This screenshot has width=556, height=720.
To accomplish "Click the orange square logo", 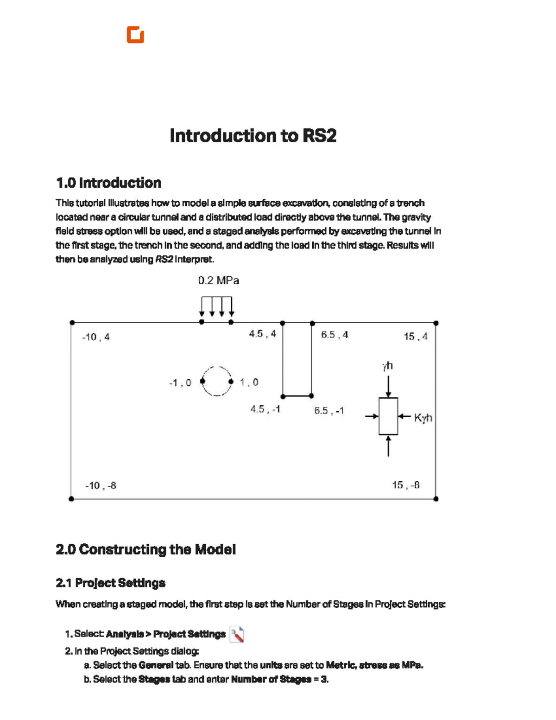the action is [x=135, y=34].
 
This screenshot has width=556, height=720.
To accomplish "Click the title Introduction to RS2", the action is [x=253, y=135].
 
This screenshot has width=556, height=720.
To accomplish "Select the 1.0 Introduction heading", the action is [x=108, y=183].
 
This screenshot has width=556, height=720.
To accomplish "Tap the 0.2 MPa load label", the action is [x=219, y=280].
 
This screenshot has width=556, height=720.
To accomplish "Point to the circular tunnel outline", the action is [x=217, y=367].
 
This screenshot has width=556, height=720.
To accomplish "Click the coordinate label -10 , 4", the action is [x=96, y=337].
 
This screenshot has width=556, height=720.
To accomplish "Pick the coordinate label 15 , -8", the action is [x=406, y=485].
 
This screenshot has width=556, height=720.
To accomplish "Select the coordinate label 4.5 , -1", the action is [x=265, y=409].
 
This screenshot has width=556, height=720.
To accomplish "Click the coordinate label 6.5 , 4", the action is [x=335, y=335].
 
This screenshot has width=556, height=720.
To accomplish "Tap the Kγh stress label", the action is [x=423, y=418].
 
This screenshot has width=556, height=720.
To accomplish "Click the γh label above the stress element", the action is [x=387, y=366].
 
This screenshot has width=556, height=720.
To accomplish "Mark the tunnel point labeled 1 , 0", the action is [x=231, y=382].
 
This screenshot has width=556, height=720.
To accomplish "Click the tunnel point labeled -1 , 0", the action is [x=202, y=381].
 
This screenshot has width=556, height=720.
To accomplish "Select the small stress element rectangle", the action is [x=388, y=416].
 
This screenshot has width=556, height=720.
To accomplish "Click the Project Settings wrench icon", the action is [x=237, y=635].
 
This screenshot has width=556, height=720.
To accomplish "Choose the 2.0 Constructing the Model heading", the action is [x=145, y=549].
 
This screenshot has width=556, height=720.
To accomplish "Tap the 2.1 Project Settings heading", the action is [x=111, y=583].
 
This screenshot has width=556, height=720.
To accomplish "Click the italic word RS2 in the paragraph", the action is [x=164, y=259].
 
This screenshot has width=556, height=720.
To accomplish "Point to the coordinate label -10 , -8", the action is [x=101, y=486].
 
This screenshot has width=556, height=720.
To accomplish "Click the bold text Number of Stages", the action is [x=271, y=679].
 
